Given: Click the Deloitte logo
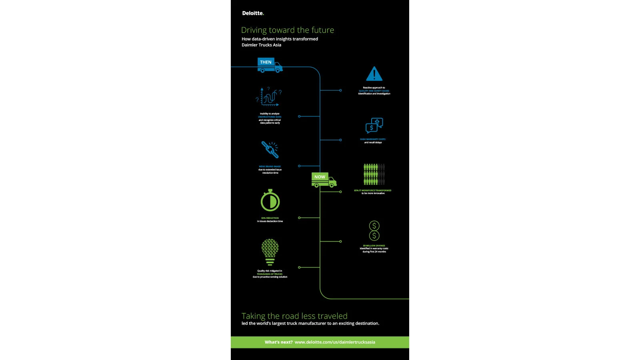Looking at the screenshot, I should [253, 13].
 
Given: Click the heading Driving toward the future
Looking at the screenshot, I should [287, 30].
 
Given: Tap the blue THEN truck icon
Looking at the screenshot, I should [270, 65].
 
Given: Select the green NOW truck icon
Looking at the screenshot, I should [324, 180].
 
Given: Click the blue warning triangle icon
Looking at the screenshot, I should [374, 74].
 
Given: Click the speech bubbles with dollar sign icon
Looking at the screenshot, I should [374, 125].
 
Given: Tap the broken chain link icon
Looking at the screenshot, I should [270, 150].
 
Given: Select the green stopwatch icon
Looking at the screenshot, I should [270, 200].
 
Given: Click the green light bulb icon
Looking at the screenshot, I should [270, 252].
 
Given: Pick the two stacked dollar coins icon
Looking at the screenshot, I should [374, 231].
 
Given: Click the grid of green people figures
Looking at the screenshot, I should [374, 174].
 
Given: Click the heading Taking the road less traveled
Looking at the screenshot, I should [294, 316].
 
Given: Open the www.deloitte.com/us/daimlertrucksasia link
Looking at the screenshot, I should [335, 342].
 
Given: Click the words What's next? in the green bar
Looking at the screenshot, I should [278, 342].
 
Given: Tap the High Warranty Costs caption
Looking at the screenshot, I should [373, 140].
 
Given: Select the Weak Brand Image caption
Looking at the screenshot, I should [270, 167].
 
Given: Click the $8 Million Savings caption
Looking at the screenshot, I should [374, 246].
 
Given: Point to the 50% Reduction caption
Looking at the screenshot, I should [270, 218].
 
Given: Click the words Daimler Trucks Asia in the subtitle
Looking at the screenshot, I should [261, 45].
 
